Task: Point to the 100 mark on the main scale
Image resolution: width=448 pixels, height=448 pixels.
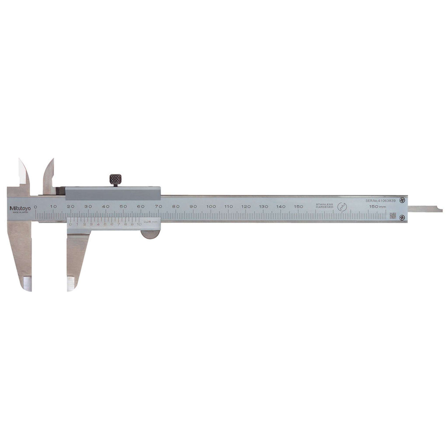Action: (211, 207)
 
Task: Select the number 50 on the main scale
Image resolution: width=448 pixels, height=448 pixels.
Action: (123, 207)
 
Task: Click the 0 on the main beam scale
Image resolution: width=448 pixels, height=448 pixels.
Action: (35, 207)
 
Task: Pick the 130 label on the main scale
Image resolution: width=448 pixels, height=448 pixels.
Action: (263, 207)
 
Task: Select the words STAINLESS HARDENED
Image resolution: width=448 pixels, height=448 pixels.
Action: (324, 206)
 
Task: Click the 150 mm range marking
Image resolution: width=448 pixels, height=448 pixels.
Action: (378, 207)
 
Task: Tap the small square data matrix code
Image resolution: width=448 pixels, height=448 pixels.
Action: (393, 216)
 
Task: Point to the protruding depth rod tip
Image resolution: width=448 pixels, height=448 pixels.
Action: (437, 209)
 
